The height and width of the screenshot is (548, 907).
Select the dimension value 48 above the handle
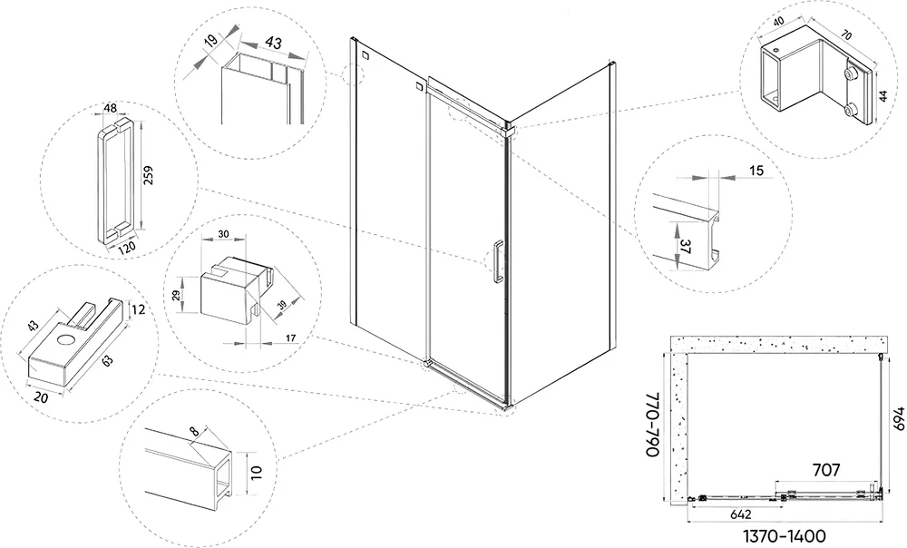click(x=111, y=109)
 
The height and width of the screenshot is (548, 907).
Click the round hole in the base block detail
click(x=66, y=342)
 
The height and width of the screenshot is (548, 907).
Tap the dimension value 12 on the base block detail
click(x=137, y=310)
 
